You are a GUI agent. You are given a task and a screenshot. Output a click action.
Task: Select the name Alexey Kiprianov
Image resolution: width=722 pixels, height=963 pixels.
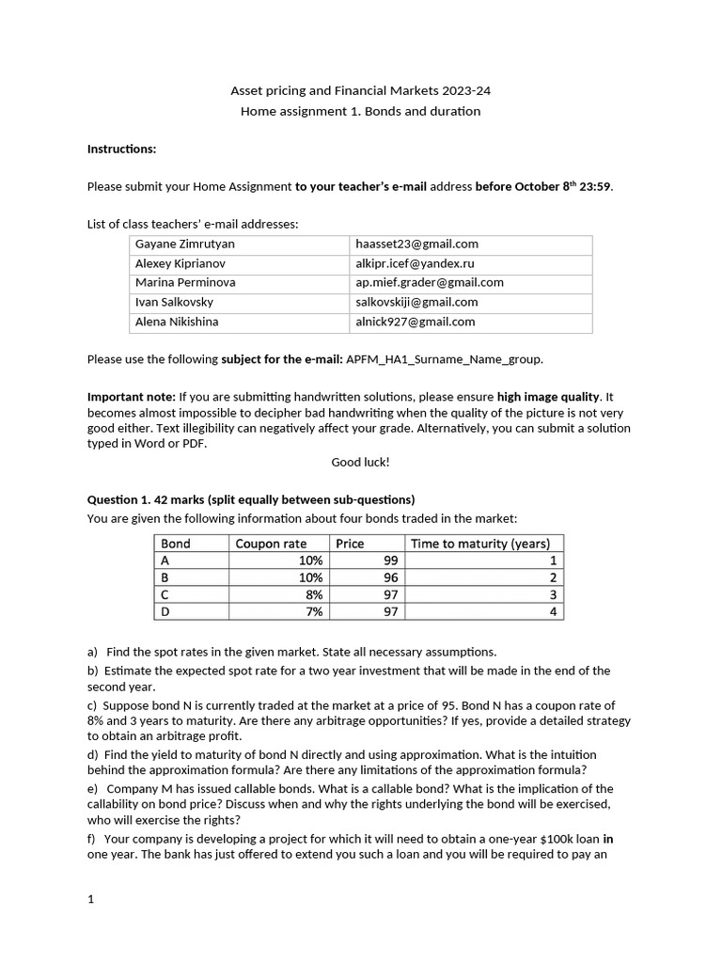[x=180, y=264]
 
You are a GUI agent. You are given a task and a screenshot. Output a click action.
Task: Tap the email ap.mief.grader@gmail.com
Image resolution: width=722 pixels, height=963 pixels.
[x=429, y=283]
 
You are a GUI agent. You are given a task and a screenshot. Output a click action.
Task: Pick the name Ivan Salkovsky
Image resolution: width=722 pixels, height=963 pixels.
[x=174, y=303]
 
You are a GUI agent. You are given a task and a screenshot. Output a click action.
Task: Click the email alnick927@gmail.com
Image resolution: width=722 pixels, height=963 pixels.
[x=415, y=322]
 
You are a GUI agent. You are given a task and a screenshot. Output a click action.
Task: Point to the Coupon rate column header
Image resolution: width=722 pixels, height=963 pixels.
[x=271, y=544]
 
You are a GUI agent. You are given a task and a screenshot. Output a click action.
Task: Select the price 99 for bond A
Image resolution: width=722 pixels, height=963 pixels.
[x=391, y=560]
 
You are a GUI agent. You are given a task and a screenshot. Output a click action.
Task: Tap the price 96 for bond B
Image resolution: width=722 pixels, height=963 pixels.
[x=391, y=577]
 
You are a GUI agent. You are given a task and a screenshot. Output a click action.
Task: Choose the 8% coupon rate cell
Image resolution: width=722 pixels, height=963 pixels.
[x=313, y=594]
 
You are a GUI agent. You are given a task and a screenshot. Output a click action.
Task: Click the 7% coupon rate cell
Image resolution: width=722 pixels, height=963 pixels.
[x=313, y=611]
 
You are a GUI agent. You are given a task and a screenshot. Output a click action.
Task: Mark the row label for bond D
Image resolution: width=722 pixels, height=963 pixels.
[x=165, y=611]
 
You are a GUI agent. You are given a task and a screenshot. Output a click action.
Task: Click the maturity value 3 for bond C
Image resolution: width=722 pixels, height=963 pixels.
[x=553, y=594]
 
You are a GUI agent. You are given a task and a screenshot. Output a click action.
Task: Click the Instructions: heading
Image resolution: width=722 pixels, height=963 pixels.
[x=121, y=149]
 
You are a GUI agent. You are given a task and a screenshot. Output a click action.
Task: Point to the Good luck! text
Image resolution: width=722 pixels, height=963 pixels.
[x=360, y=462]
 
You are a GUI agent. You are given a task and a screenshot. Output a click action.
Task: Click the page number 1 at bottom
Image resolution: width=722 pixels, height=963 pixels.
[x=91, y=899]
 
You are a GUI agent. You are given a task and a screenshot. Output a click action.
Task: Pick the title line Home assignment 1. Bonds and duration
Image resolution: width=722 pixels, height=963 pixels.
[x=360, y=111]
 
